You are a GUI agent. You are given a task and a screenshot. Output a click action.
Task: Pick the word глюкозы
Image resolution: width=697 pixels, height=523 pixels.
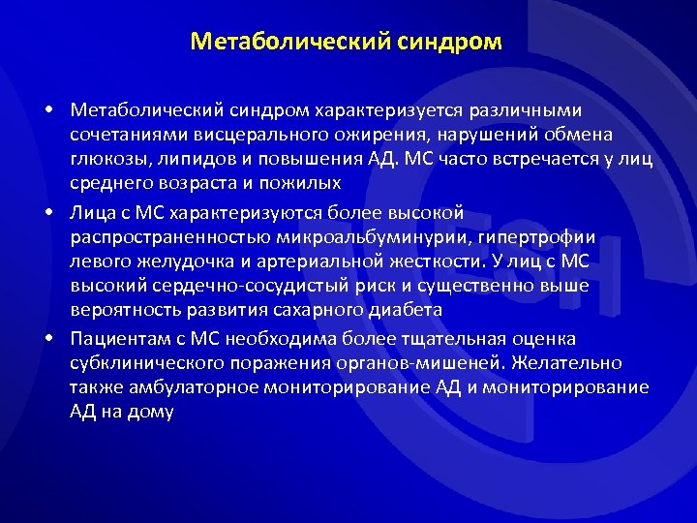pos(106,161)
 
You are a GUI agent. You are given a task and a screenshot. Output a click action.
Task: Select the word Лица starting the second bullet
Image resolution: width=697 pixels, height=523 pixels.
pos(92,212)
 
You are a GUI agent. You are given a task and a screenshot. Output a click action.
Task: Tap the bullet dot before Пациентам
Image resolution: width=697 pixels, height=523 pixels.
pos(47,338)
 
